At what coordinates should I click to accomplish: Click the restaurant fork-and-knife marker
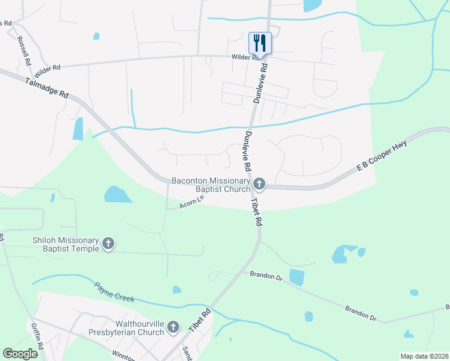point(260,43)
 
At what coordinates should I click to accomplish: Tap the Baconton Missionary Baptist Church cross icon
point(259,183)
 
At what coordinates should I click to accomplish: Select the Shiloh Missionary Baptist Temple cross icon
point(108,244)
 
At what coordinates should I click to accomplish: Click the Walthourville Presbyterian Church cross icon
point(173,327)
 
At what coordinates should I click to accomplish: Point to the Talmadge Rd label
point(48,88)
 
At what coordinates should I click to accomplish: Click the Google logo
point(20,353)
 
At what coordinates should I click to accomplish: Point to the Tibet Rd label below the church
point(257,212)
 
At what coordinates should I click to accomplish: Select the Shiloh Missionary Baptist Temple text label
point(65,244)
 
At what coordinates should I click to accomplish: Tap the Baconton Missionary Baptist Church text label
point(211,184)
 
